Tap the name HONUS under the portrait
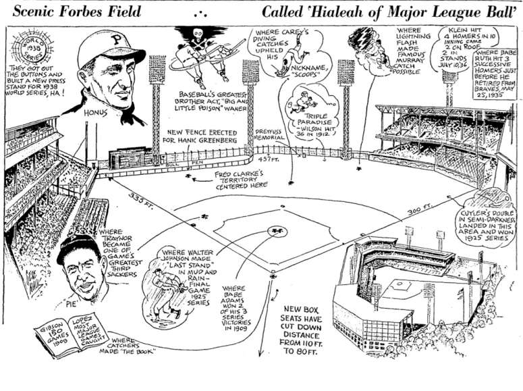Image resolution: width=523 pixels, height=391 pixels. (x=92, y=113)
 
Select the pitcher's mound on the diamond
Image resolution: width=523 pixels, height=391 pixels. (x=276, y=231)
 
